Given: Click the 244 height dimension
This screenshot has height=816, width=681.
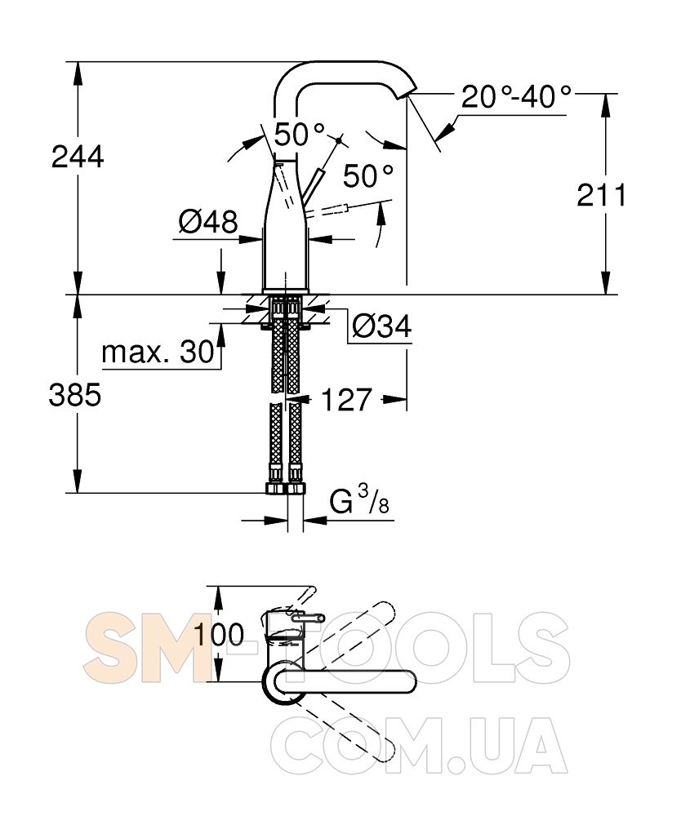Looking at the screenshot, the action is [x=78, y=157].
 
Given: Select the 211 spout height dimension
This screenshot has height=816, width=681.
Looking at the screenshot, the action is [x=602, y=195].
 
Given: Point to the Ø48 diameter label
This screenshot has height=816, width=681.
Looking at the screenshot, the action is [x=207, y=222].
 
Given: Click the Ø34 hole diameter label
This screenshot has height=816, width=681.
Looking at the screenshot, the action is [x=381, y=326].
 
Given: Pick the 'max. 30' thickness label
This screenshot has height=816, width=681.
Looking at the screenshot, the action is [x=158, y=353].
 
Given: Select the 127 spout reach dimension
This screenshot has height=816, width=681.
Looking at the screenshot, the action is [x=347, y=400].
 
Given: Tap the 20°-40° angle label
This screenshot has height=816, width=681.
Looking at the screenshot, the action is [x=516, y=97].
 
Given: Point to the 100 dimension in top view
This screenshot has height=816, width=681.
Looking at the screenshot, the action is [x=219, y=634].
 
